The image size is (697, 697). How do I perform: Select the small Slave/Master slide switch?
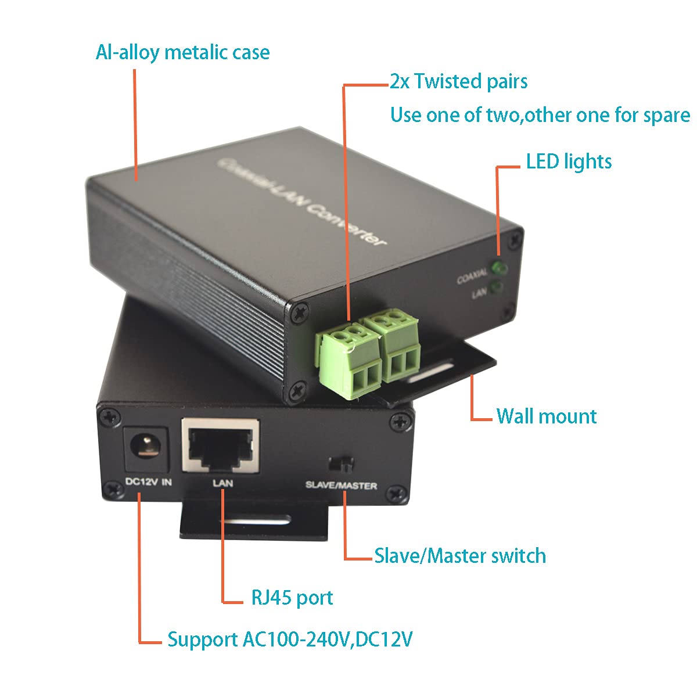click(x=341, y=464)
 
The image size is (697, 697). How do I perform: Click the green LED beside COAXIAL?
click(x=498, y=268)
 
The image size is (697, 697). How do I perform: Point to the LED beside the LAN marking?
click(x=496, y=287)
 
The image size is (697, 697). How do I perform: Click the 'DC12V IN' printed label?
click(x=149, y=482)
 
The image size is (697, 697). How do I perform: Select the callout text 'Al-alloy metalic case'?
click(x=182, y=52)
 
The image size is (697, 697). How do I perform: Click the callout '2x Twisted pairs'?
click(x=458, y=81)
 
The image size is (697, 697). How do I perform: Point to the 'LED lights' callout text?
click(x=569, y=161)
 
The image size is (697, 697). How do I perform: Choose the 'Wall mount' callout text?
click(x=547, y=416)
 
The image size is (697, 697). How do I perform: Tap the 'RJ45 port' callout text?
click(x=292, y=598)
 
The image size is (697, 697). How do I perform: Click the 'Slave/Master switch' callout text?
click(x=460, y=556)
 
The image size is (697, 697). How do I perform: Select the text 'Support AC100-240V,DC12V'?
click(x=290, y=639)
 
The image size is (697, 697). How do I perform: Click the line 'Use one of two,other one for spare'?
click(x=540, y=115)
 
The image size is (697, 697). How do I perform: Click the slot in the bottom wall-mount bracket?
click(x=256, y=519)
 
